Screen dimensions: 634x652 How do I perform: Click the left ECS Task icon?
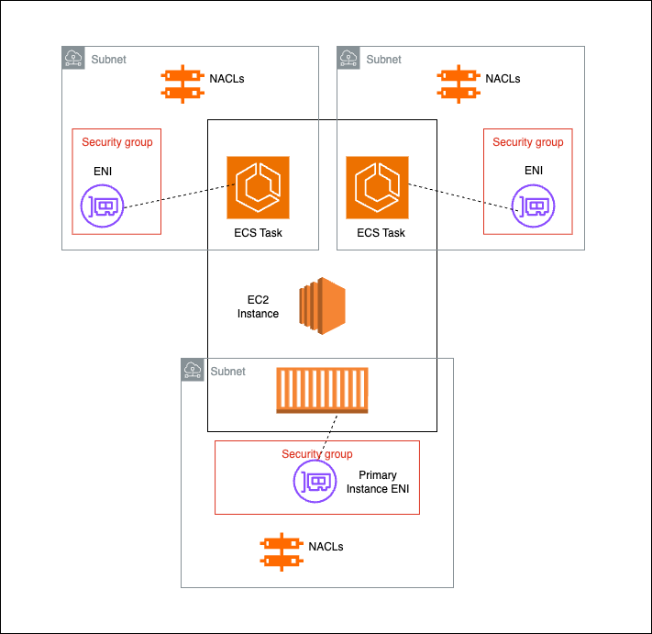[258, 187]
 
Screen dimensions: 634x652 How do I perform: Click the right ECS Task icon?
[377, 187]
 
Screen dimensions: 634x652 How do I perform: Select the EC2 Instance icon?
[321, 306]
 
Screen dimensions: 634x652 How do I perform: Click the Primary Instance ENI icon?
[315, 481]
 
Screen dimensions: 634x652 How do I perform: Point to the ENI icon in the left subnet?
[101, 206]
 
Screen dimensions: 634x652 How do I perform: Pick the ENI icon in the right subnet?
[533, 206]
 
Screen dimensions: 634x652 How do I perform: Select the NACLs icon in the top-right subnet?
[457, 83]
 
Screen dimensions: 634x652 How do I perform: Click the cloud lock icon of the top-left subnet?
[73, 59]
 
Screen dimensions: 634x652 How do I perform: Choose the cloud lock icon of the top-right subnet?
[348, 59]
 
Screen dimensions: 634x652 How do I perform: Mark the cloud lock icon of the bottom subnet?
[193, 370]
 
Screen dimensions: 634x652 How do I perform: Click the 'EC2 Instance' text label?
[258, 306]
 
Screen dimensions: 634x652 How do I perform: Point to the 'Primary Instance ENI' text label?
[377, 482]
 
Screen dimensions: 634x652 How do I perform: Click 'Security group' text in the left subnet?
[116, 142]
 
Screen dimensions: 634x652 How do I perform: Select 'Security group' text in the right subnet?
[527, 142]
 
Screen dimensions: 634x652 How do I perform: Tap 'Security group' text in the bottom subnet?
[316, 454]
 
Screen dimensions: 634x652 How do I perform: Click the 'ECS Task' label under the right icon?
[381, 233]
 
